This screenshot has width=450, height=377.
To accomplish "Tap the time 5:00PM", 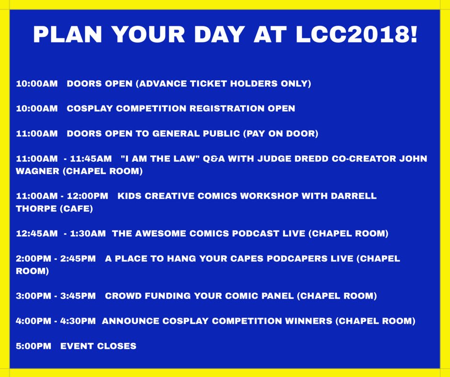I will pos(34,346).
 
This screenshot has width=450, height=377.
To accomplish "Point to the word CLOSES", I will pos(117,346).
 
